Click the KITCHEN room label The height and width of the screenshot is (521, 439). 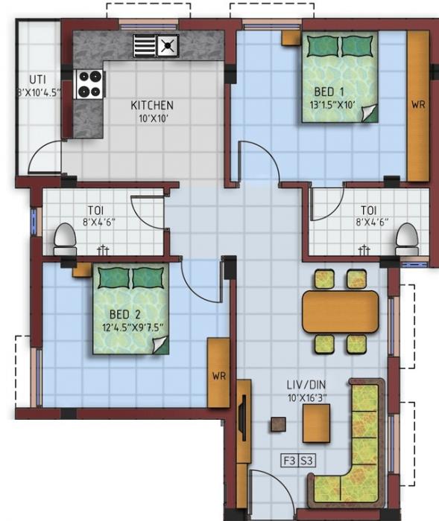tap(152, 105)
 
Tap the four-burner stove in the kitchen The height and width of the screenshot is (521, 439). tap(91, 83)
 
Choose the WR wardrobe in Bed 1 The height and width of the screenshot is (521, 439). tap(418, 105)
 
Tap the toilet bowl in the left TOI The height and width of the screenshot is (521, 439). tap(65, 240)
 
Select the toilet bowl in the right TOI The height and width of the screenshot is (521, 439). tap(407, 238)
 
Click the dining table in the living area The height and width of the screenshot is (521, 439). tap(340, 311)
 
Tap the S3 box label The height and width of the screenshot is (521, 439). tap(306, 461)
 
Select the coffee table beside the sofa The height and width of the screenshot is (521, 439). tap(316, 423)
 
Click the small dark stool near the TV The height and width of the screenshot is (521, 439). tap(278, 424)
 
